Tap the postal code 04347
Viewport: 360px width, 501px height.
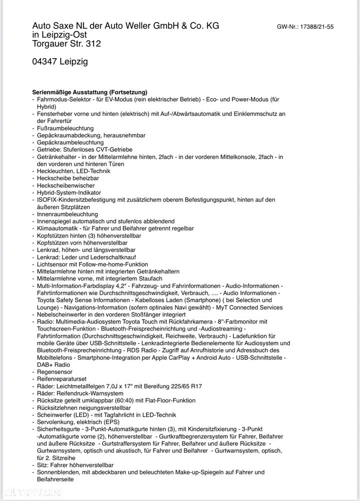tap(45, 62)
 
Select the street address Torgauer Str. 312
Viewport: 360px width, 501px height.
tap(67, 44)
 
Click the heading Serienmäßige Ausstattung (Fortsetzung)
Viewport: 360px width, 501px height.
tap(90, 92)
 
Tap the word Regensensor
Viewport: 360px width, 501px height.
tap(55, 372)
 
